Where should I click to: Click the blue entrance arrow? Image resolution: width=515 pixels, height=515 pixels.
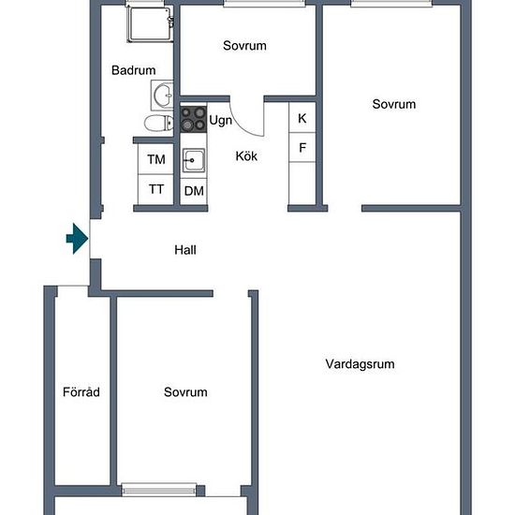pyautogui.click(x=78, y=239)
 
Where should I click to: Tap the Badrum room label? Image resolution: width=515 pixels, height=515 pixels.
pyautogui.click(x=133, y=70)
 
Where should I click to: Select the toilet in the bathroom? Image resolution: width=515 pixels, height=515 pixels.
pyautogui.click(x=159, y=124)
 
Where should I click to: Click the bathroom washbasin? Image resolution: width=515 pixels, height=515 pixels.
pyautogui.click(x=162, y=96)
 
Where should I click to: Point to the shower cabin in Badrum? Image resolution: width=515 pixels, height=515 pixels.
pyautogui.click(x=151, y=24)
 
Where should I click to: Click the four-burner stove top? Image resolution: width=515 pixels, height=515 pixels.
pyautogui.click(x=194, y=119)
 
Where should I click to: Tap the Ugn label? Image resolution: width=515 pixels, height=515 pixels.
pyautogui.click(x=220, y=121)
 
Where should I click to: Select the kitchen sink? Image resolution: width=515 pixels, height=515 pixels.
pyautogui.click(x=194, y=160)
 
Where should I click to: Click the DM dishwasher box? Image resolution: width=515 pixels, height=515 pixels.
pyautogui.click(x=194, y=191)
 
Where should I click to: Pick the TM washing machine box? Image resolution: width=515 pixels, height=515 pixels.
pyautogui.click(x=155, y=159)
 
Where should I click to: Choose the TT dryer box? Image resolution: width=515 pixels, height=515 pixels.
pyautogui.click(x=155, y=189)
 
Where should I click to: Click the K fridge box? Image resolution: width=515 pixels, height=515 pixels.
pyautogui.click(x=302, y=118)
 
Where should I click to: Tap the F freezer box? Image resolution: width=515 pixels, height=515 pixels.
pyautogui.click(x=302, y=147)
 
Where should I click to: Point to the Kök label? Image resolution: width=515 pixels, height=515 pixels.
pyautogui.click(x=246, y=156)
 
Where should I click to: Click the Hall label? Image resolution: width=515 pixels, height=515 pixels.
pyautogui.click(x=185, y=250)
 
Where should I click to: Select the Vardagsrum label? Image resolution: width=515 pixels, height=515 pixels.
pyautogui.click(x=360, y=364)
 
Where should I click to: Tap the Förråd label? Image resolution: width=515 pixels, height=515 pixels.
pyautogui.click(x=81, y=391)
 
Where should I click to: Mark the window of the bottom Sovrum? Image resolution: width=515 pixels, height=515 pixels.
pyautogui.click(x=159, y=490)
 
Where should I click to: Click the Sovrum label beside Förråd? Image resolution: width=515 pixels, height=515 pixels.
pyautogui.click(x=185, y=391)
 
